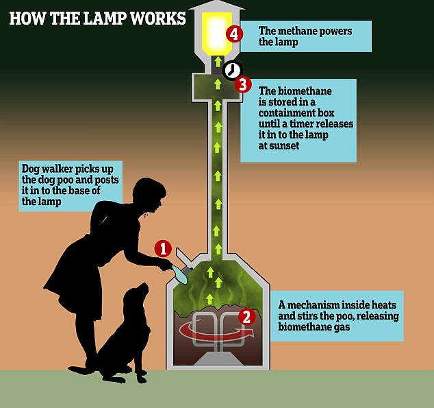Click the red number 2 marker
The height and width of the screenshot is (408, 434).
247,316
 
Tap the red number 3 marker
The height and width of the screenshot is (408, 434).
243,85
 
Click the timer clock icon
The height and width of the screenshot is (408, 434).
233,70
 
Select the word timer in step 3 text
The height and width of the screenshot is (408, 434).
333,123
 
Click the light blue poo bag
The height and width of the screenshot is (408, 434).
179,274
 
